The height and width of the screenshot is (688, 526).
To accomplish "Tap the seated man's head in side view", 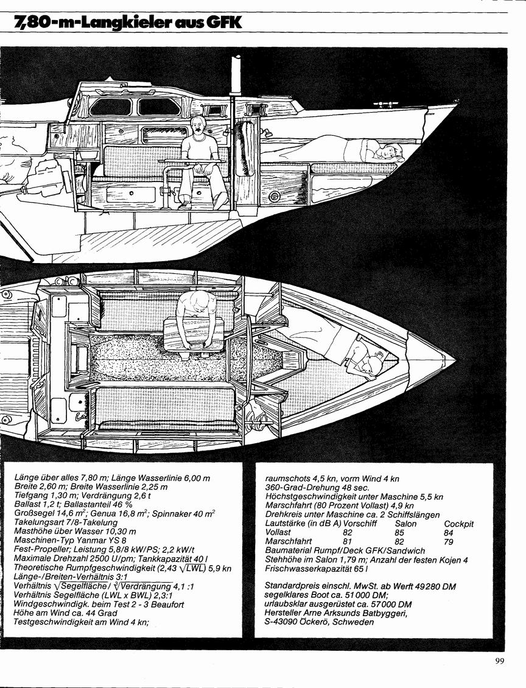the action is click(x=198, y=126).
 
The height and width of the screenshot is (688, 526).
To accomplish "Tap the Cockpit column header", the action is click(x=459, y=524).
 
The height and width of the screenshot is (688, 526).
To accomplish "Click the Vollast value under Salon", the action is click(x=399, y=533).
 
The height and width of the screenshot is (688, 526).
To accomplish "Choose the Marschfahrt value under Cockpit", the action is click(x=449, y=541).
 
